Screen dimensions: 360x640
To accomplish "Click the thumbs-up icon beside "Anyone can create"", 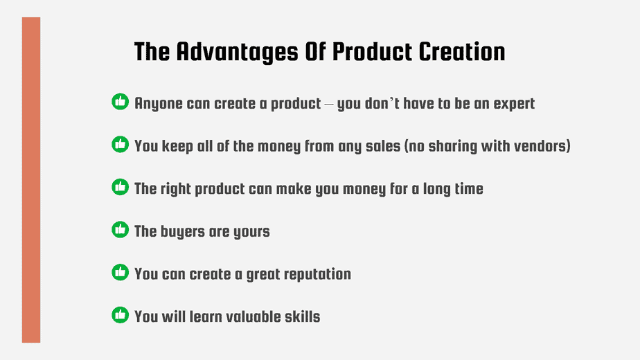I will [120, 102].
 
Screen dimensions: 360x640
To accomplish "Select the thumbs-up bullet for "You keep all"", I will [120, 144].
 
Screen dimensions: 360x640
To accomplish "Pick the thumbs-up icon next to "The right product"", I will [120, 186].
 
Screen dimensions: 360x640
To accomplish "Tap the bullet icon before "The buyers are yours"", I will [120, 229].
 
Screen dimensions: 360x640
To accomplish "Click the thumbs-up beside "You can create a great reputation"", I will [120, 272].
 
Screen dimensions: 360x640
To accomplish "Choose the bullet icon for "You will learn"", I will [120, 315].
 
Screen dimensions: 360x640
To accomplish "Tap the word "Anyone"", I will [159, 105].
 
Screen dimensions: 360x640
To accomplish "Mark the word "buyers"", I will [182, 232].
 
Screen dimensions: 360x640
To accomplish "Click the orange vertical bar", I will [31, 180].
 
